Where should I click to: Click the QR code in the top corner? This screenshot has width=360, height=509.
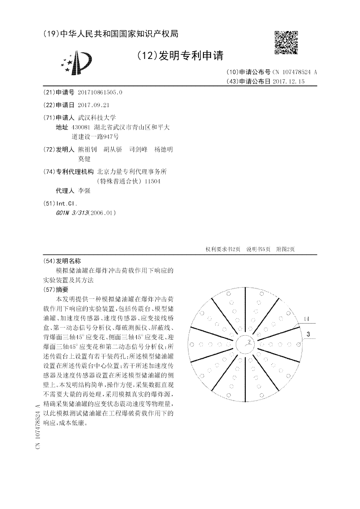coord(286,42)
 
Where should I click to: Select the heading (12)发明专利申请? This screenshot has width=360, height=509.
coord(180,56)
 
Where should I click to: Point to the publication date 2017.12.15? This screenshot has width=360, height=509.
coord(288,81)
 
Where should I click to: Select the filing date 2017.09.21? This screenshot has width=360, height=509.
coord(94,105)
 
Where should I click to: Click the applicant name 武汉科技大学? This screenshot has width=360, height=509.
coord(97,117)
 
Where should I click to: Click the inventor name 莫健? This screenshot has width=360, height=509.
coord(84,158)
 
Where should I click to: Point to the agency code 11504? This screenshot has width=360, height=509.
coord(152,181)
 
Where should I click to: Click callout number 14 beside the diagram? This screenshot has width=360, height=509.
coord(306,319)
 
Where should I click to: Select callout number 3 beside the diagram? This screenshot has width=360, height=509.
coord(308,334)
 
